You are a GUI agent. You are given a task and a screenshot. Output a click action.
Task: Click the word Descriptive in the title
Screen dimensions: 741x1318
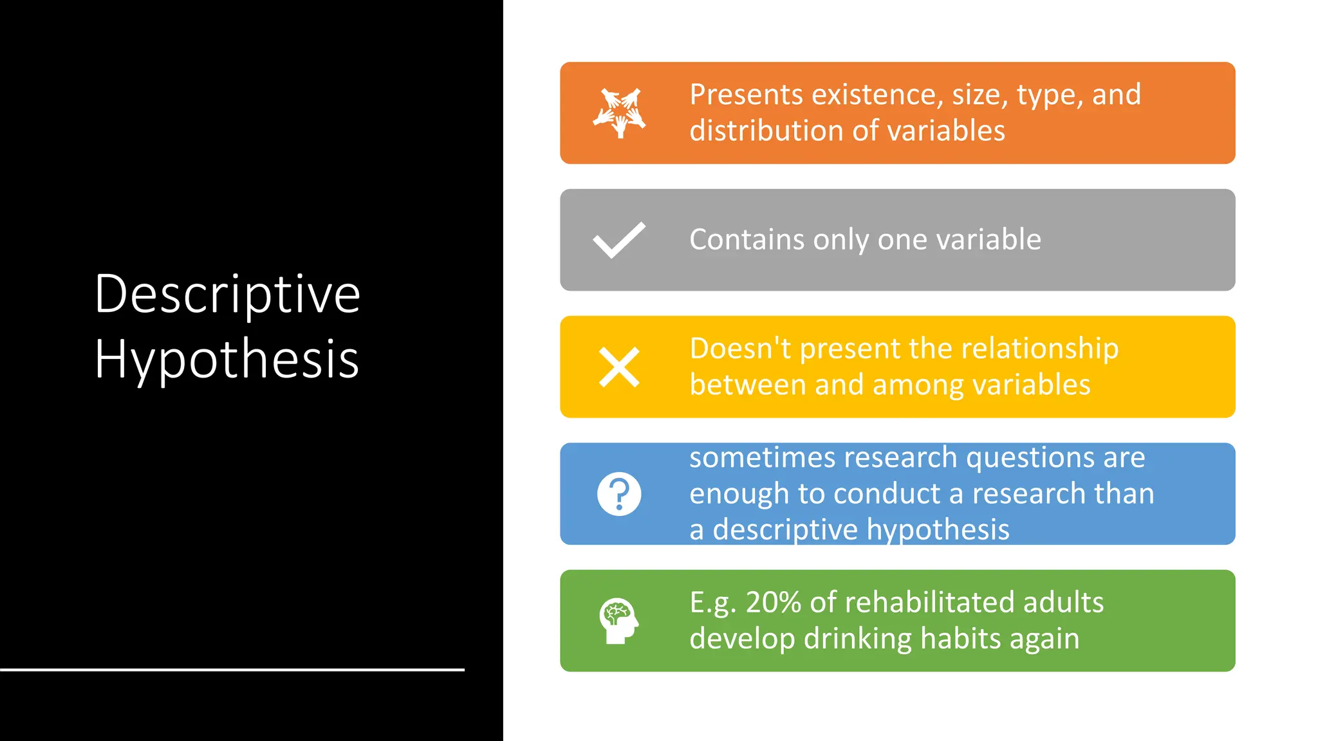pos(227,295)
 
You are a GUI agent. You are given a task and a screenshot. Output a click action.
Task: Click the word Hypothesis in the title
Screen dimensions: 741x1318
pos(227,359)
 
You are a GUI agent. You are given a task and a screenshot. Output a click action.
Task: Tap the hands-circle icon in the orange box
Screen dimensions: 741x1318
pos(619,113)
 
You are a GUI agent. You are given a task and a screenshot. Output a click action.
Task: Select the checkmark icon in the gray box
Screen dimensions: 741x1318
pos(619,240)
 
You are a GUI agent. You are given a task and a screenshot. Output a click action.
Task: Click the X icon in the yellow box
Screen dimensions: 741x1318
pos(619,367)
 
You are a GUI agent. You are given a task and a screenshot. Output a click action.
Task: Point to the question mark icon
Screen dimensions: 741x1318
pos(619,494)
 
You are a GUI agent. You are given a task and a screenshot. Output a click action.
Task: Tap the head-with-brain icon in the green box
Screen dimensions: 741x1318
pos(618,621)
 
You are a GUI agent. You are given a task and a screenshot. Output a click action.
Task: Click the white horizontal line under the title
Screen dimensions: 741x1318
pos(232,670)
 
